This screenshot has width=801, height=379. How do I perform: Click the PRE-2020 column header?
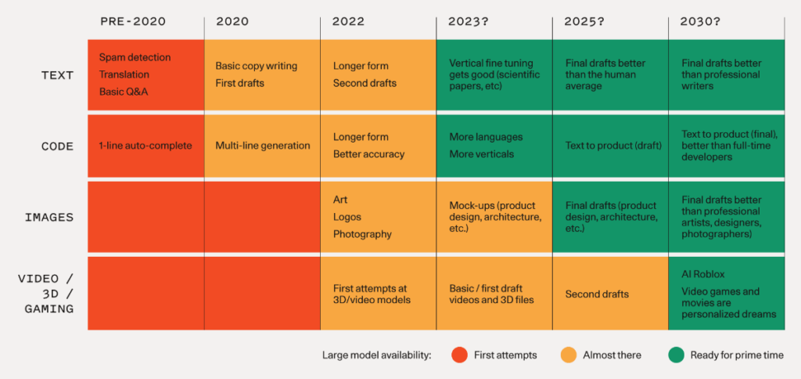(x=132, y=21)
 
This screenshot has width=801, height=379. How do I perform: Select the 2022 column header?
(x=348, y=21)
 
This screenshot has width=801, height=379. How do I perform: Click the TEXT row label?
(x=57, y=75)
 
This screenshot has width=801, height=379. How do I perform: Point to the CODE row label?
(x=57, y=146)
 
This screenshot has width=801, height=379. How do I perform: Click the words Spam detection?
(x=135, y=58)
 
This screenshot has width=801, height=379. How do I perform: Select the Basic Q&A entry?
(x=124, y=92)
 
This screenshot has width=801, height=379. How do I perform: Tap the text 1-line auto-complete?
(x=145, y=146)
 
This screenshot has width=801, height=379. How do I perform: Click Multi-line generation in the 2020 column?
(x=263, y=146)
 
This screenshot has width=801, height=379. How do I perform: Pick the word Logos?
(x=347, y=217)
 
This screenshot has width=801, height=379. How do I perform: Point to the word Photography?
(x=362, y=234)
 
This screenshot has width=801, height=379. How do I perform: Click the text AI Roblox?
(x=703, y=275)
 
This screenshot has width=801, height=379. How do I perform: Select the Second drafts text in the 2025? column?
(x=597, y=294)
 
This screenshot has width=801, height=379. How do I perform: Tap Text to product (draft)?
(x=613, y=146)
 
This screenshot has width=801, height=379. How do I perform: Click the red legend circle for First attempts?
(x=459, y=355)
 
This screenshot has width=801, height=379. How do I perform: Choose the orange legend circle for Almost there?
(x=569, y=355)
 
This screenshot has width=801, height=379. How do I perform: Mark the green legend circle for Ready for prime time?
(x=675, y=355)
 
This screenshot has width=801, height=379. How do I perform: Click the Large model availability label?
(x=376, y=356)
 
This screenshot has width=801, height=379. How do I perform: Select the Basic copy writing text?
(x=257, y=66)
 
